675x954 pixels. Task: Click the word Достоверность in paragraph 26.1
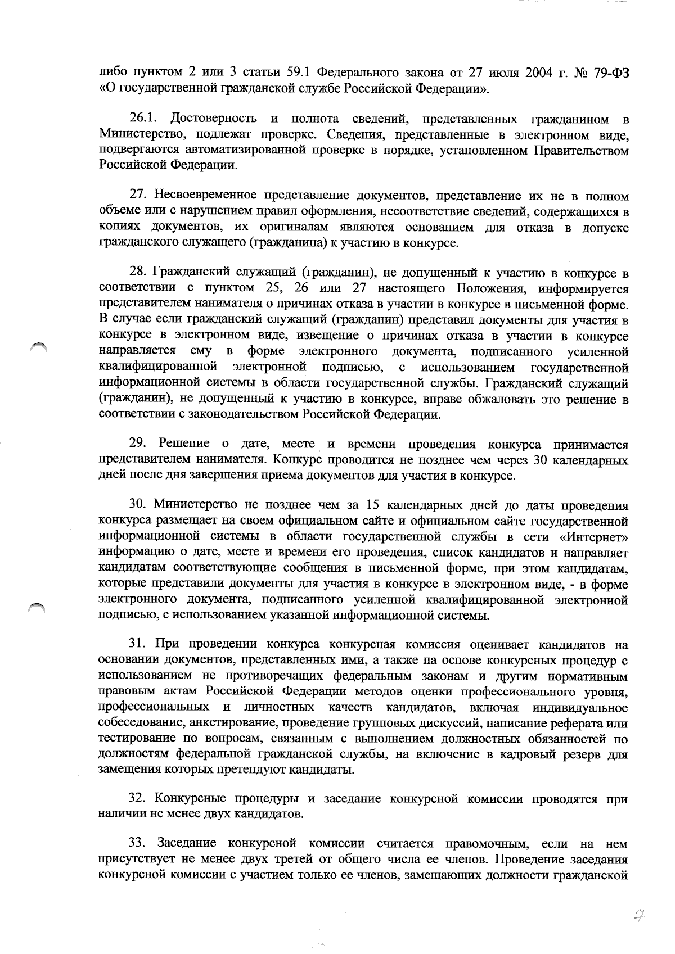214,119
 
